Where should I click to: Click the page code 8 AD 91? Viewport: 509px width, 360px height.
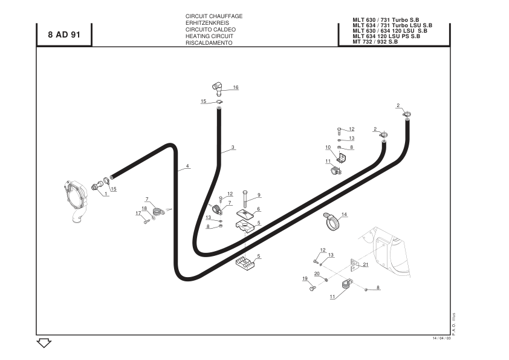63,35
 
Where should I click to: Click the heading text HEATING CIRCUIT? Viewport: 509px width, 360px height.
209,36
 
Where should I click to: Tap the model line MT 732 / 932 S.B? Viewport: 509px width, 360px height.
375,41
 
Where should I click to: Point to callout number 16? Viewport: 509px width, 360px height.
236,87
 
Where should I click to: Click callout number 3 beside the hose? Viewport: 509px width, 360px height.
233,147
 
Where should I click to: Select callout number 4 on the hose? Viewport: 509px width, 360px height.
187,166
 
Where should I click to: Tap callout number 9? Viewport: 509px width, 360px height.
259,195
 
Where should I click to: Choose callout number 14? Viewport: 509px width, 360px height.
344,214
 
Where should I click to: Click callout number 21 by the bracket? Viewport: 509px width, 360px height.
366,264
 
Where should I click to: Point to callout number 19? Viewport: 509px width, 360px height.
305,278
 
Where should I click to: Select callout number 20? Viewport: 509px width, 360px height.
317,273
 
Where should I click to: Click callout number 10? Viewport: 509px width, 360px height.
328,147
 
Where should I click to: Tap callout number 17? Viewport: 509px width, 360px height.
138,213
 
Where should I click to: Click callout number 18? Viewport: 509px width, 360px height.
144,208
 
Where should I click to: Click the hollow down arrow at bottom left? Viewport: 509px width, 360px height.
44,343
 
